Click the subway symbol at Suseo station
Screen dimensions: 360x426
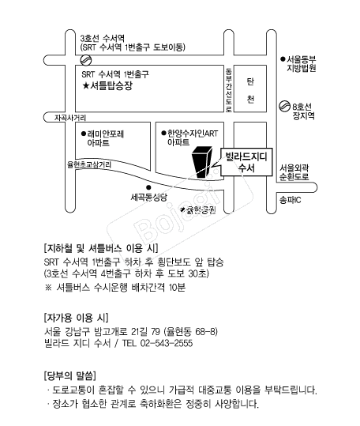(86, 60)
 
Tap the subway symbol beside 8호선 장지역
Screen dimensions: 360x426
(284, 106)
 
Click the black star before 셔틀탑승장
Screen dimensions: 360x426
(86, 86)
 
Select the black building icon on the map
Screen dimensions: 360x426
(201, 162)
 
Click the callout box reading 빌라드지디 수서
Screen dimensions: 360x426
(246, 162)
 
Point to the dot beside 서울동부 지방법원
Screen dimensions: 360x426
(283, 58)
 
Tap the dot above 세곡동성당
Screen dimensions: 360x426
(148, 187)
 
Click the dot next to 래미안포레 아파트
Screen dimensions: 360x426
(84, 134)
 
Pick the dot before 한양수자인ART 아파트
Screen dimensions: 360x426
(163, 133)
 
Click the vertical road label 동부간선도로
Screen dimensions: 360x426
(229, 89)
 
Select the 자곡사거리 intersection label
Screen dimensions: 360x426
(70, 118)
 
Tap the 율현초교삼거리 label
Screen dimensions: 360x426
(89, 164)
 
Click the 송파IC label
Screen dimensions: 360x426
(291, 200)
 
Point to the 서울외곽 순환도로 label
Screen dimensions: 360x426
(294, 172)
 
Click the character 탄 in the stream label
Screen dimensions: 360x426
(250, 81)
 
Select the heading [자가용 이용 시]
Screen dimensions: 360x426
(77, 317)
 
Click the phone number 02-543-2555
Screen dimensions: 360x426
(167, 343)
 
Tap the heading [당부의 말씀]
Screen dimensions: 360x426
(70, 375)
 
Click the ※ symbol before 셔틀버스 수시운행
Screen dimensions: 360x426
(48, 288)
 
